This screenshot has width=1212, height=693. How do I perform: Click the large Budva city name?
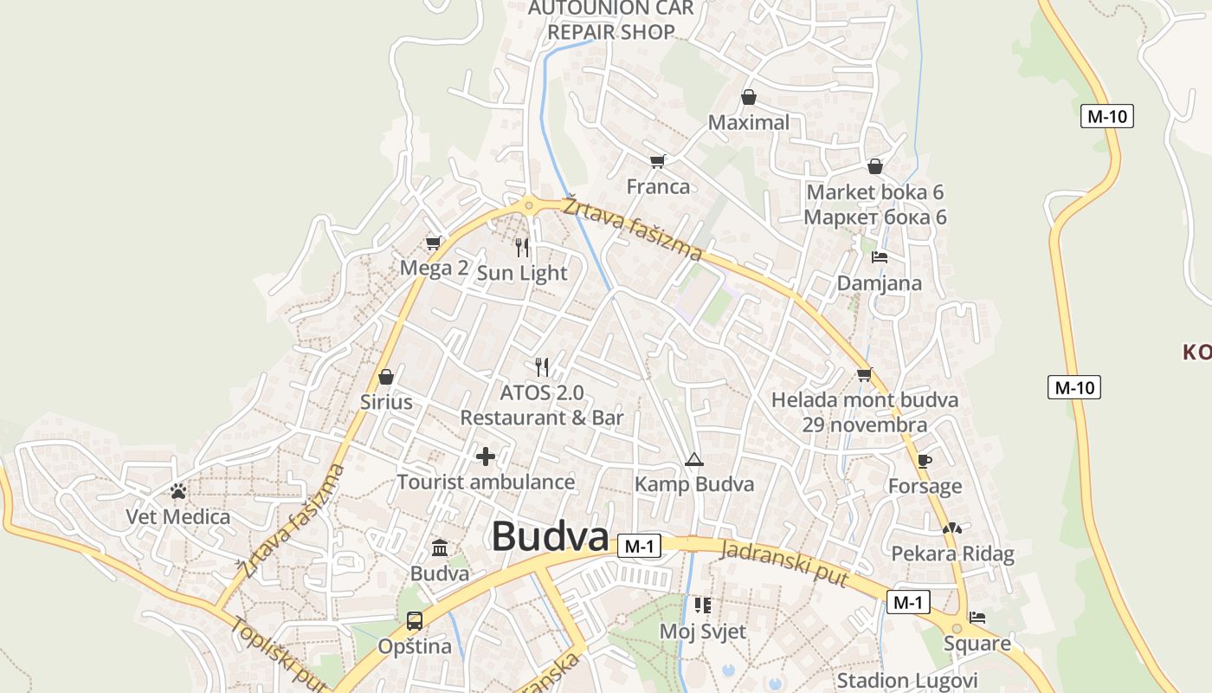(x=551, y=537)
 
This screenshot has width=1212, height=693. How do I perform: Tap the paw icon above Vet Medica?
(x=178, y=492)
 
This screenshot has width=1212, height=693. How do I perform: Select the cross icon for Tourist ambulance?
(x=486, y=457)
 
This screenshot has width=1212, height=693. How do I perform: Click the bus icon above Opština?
(x=415, y=620)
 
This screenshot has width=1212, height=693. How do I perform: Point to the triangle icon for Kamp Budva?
(x=693, y=459)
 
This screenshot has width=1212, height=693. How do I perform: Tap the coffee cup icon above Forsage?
(x=925, y=461)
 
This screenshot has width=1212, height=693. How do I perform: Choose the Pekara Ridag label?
(x=952, y=554)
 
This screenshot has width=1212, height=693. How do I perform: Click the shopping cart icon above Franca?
(x=658, y=161)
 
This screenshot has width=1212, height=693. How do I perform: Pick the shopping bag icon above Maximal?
(x=749, y=97)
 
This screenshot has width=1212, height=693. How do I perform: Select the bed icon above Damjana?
(x=880, y=257)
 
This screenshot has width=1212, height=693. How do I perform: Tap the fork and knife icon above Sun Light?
(x=521, y=248)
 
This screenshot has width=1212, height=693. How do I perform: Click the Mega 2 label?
(x=434, y=268)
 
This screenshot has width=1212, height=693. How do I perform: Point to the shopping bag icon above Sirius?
(x=386, y=377)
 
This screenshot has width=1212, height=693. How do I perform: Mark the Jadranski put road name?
(x=783, y=563)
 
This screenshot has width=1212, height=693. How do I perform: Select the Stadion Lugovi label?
(x=907, y=681)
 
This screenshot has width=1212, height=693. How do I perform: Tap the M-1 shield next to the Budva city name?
(x=640, y=546)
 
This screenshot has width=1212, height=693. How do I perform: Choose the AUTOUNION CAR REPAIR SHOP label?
(x=611, y=20)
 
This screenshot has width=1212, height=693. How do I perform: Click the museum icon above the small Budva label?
(x=440, y=548)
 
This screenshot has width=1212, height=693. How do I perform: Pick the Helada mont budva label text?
(x=865, y=399)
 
